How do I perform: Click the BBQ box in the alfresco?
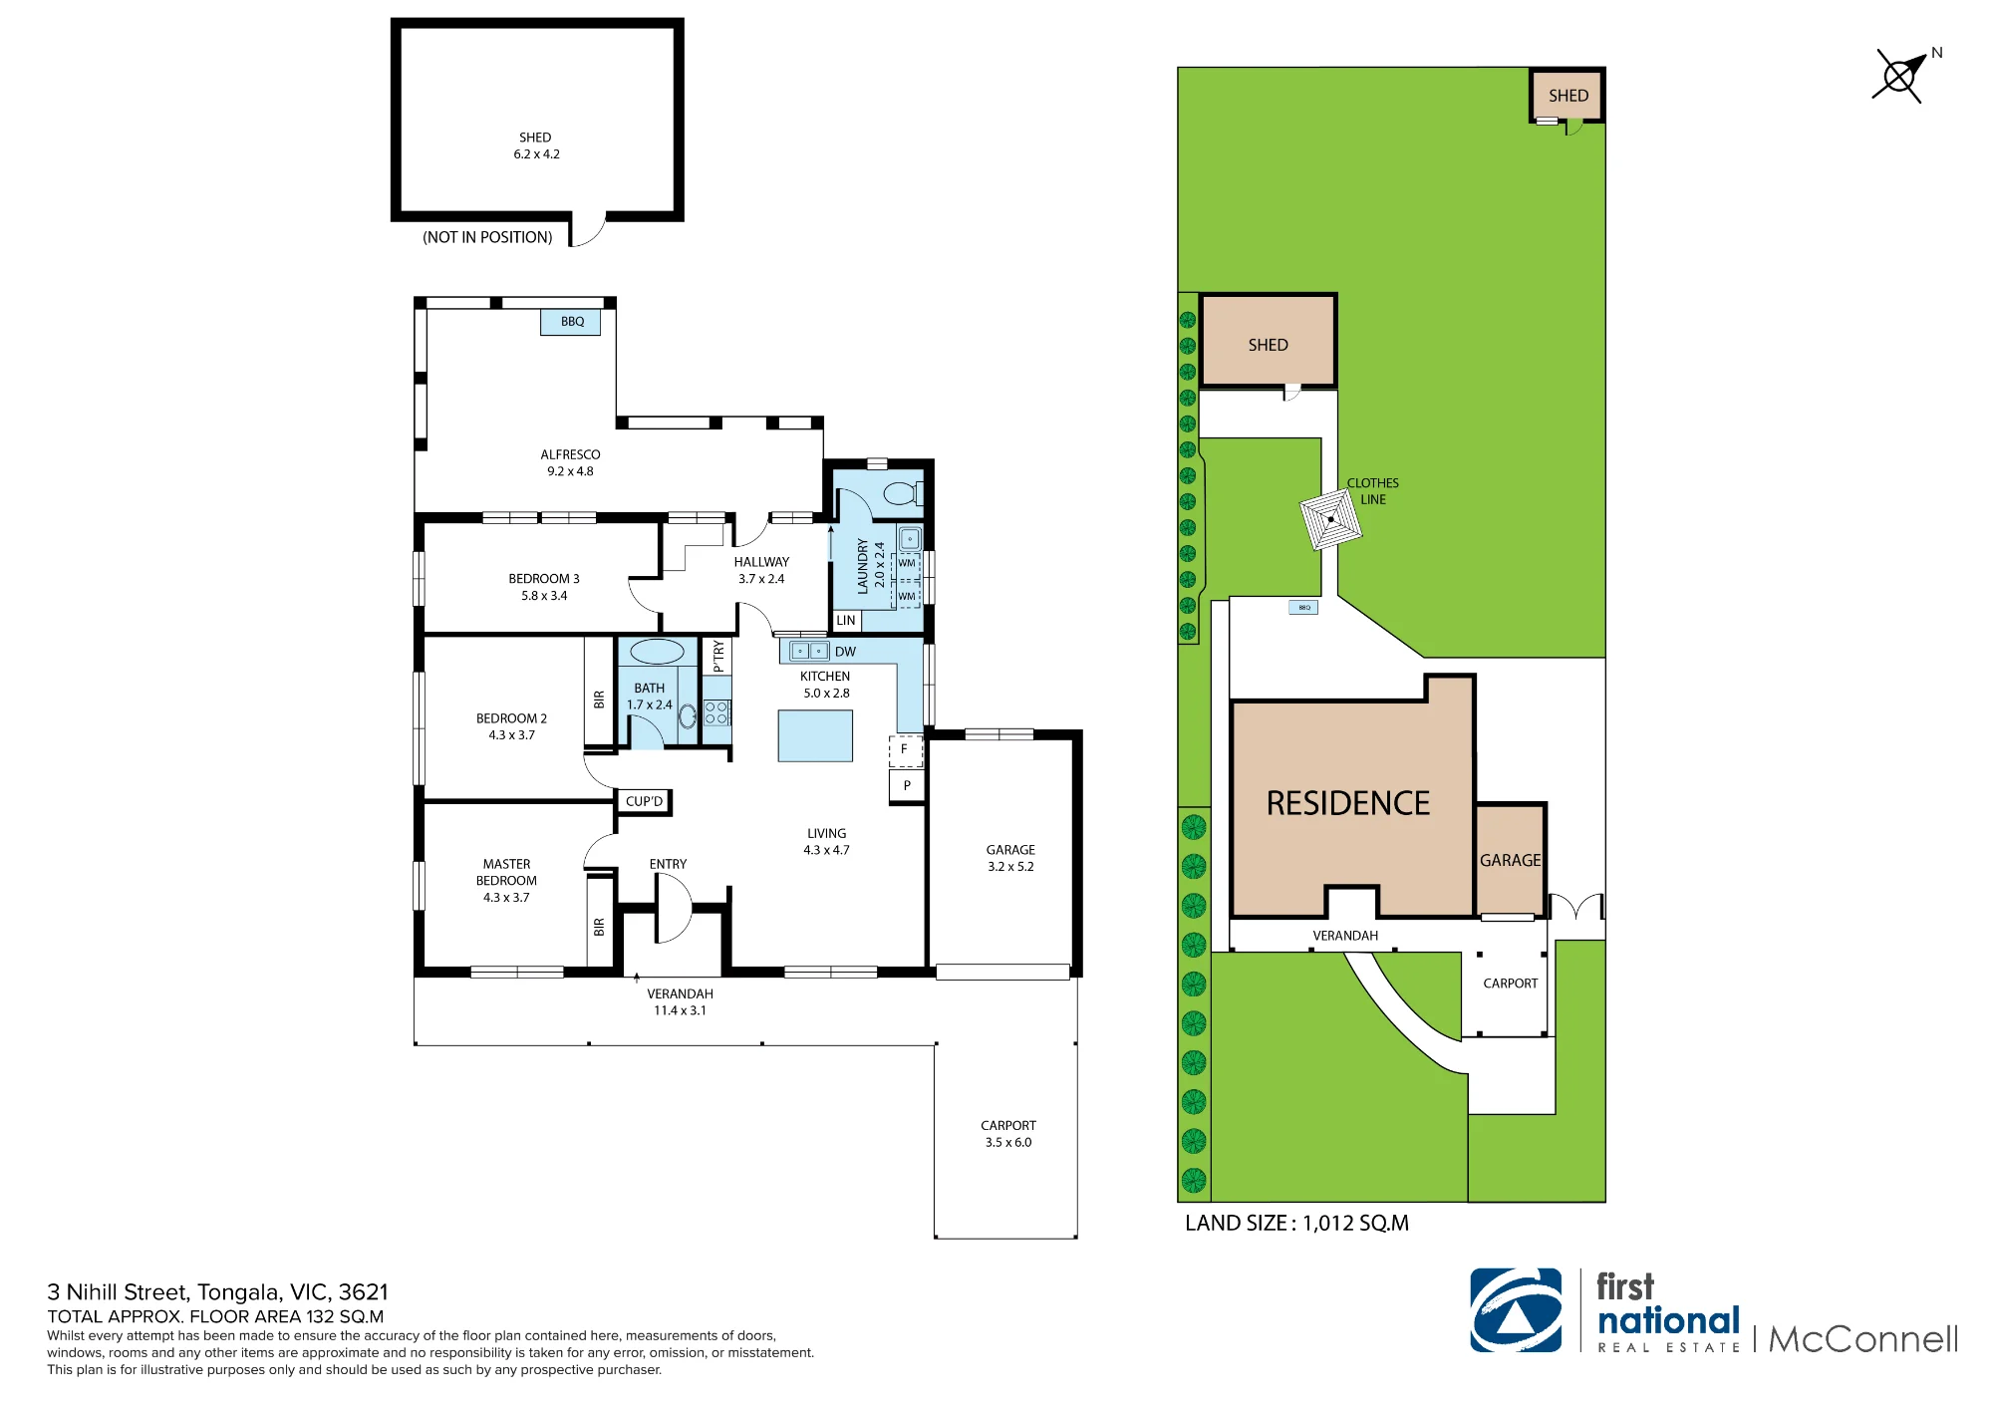point(571,322)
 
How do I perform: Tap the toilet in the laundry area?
point(904,492)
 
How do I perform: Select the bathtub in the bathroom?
point(657,652)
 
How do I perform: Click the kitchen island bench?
point(815,735)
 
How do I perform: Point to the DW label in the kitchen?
point(845,652)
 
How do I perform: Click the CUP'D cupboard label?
point(644,801)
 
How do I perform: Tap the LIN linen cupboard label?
point(846,620)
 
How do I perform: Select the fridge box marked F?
point(905,749)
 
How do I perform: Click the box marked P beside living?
point(907,785)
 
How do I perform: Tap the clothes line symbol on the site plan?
point(1330,519)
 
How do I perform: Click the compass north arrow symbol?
point(1901,76)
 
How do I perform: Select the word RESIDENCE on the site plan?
point(1347,803)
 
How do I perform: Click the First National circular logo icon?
point(1516,1309)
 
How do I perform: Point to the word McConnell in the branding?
point(1863,1339)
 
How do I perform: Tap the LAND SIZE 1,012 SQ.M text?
point(1296,1223)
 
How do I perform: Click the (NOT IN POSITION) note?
point(487,237)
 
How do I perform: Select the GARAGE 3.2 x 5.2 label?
point(1010,858)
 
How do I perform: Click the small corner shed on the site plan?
point(1567,96)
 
